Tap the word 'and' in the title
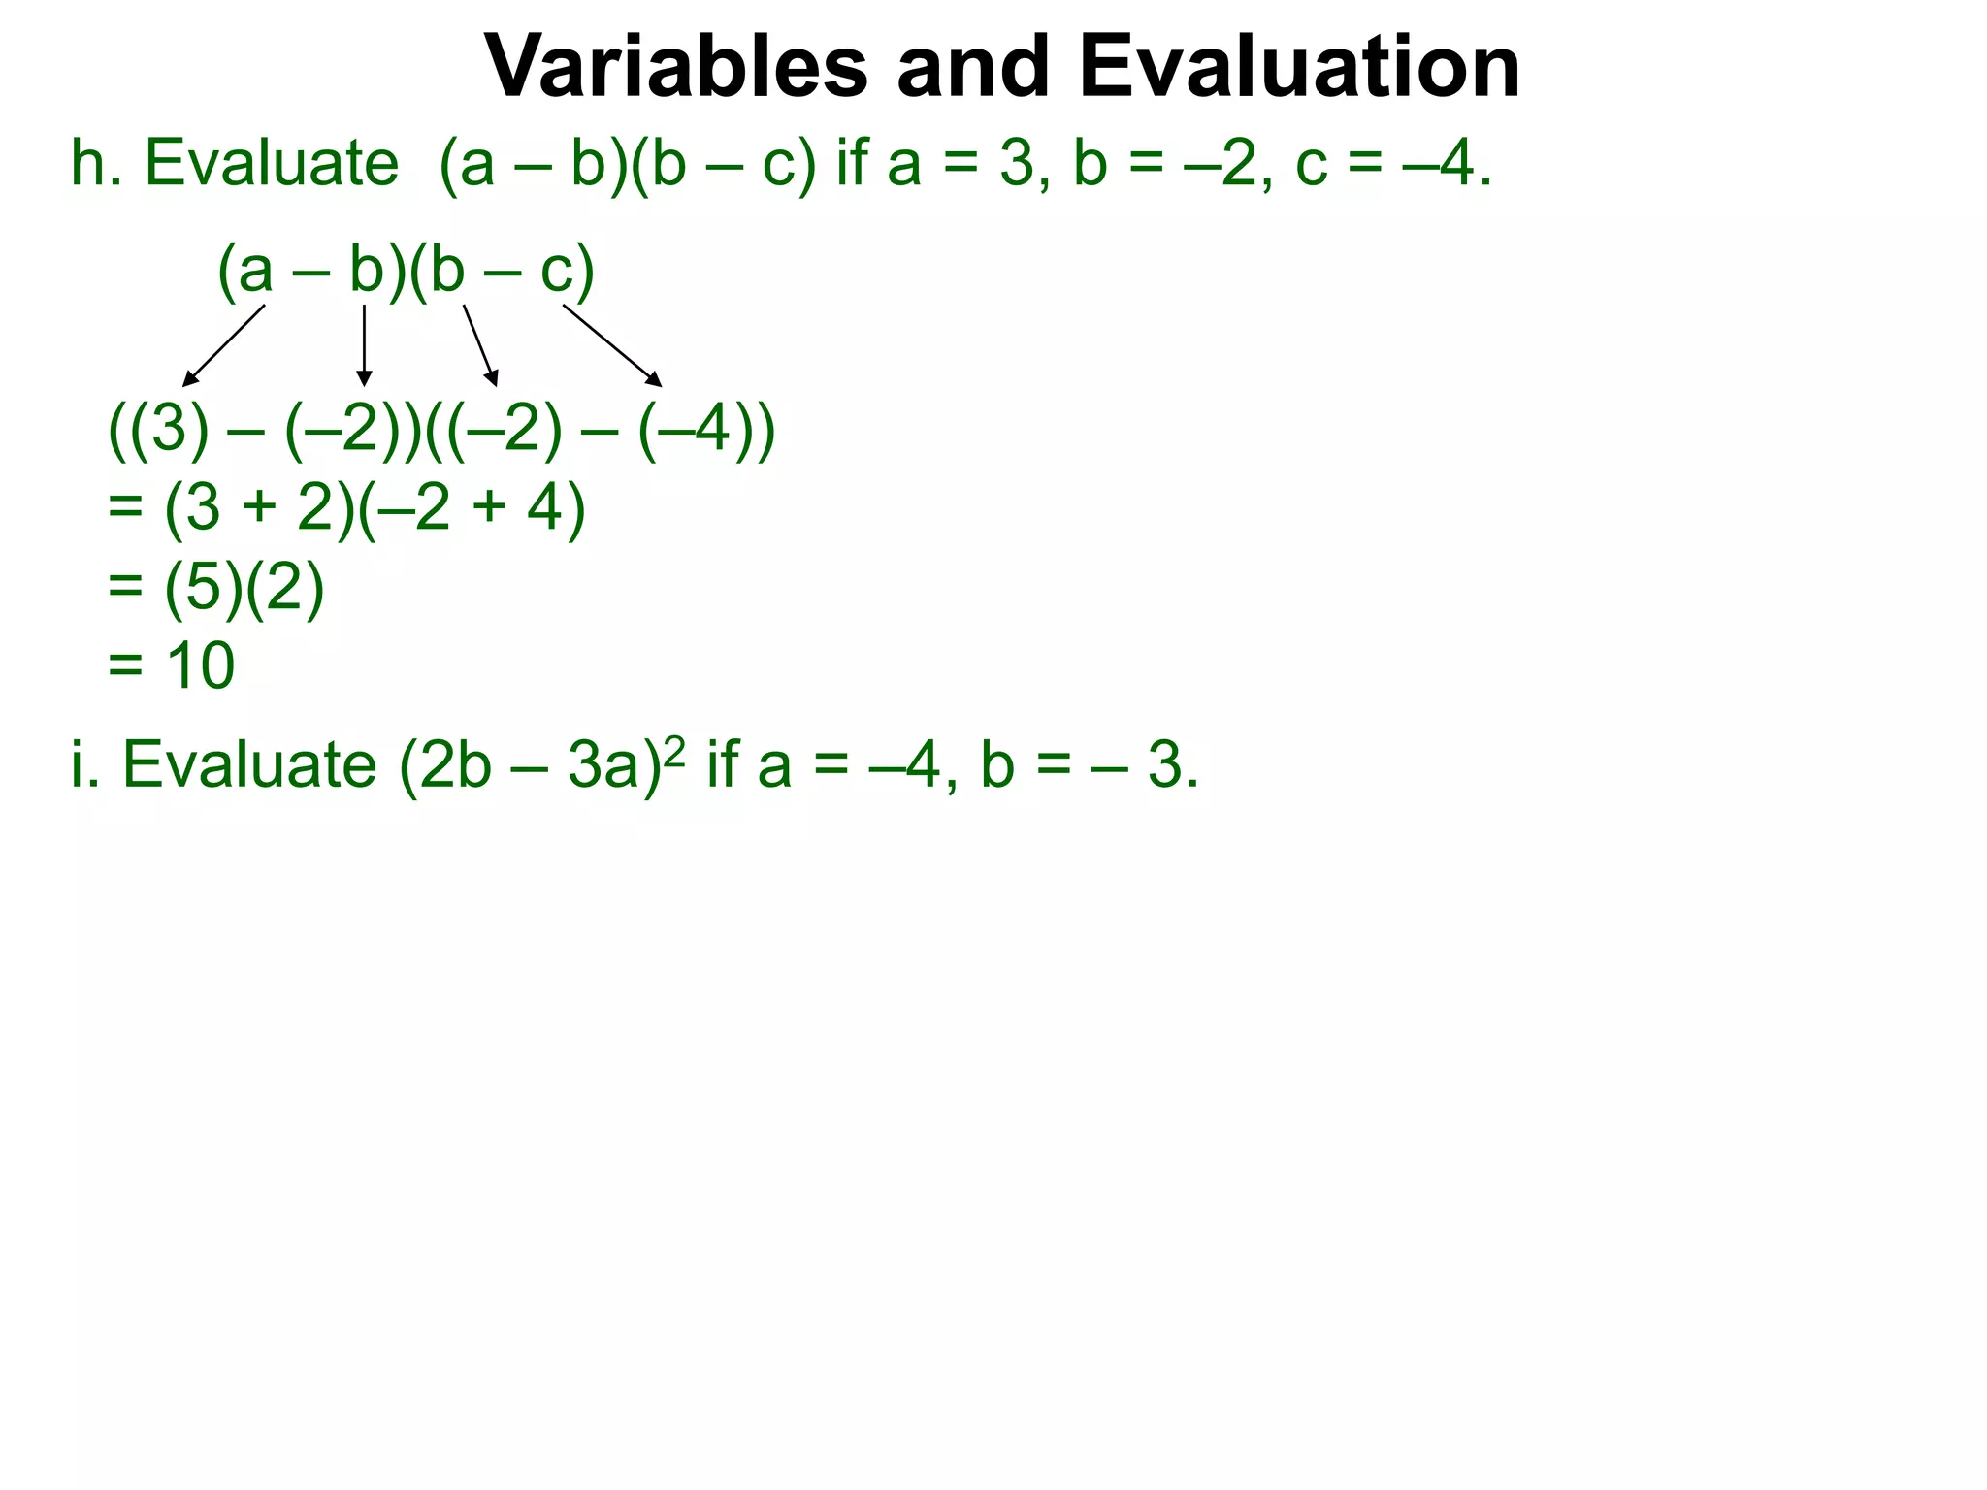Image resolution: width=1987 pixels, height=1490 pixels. (973, 67)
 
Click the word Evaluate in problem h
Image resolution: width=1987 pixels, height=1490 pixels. (272, 163)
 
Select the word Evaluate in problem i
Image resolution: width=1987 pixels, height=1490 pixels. (249, 764)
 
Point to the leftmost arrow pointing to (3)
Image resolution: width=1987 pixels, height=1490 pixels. (224, 344)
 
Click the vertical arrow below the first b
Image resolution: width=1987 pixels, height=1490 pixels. (364, 344)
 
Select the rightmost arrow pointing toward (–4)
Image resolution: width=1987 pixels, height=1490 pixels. (611, 344)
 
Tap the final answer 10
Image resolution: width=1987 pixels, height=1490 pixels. (200, 665)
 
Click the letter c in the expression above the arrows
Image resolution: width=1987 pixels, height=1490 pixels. (558, 271)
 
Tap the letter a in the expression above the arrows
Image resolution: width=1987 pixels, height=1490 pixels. (255, 271)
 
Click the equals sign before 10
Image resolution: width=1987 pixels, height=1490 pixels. (125, 667)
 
